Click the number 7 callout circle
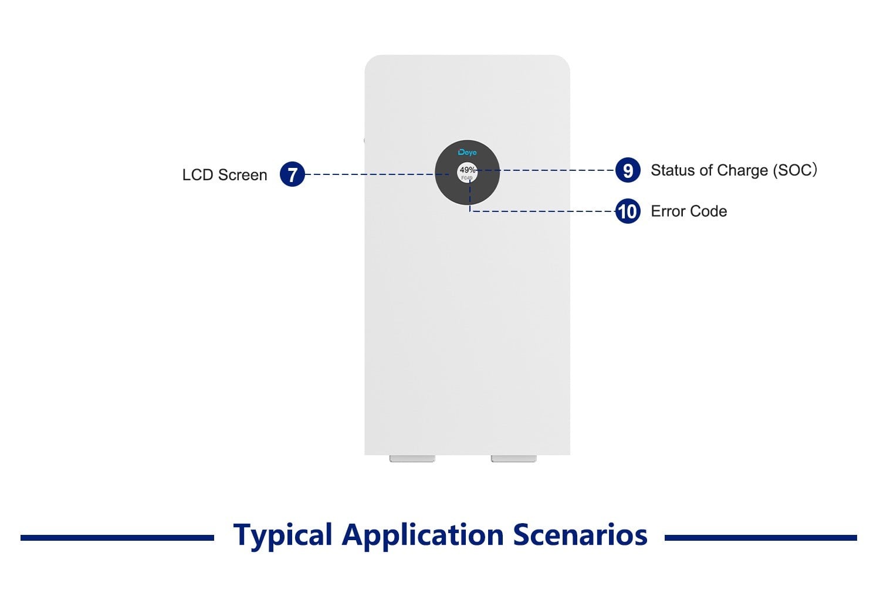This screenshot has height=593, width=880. coord(292,174)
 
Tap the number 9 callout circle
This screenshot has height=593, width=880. coord(628,170)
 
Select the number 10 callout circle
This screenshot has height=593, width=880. coord(628,211)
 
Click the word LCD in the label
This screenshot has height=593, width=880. coord(198,175)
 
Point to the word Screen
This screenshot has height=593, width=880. coord(242,175)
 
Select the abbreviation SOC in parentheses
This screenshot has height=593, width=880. coord(794,170)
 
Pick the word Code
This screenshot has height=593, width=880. coord(710,211)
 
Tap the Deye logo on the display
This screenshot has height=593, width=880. coord(468,153)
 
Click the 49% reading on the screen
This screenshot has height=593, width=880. coord(468,170)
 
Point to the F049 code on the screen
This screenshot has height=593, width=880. coord(467,178)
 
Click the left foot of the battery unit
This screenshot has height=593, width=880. coord(412,459)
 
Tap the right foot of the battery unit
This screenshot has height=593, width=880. coord(514,459)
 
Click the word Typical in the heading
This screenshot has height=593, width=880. coord(283,535)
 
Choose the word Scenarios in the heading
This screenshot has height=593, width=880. coord(580,535)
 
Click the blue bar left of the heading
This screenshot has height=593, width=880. coord(117,537)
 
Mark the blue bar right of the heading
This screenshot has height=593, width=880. coord(760,537)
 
